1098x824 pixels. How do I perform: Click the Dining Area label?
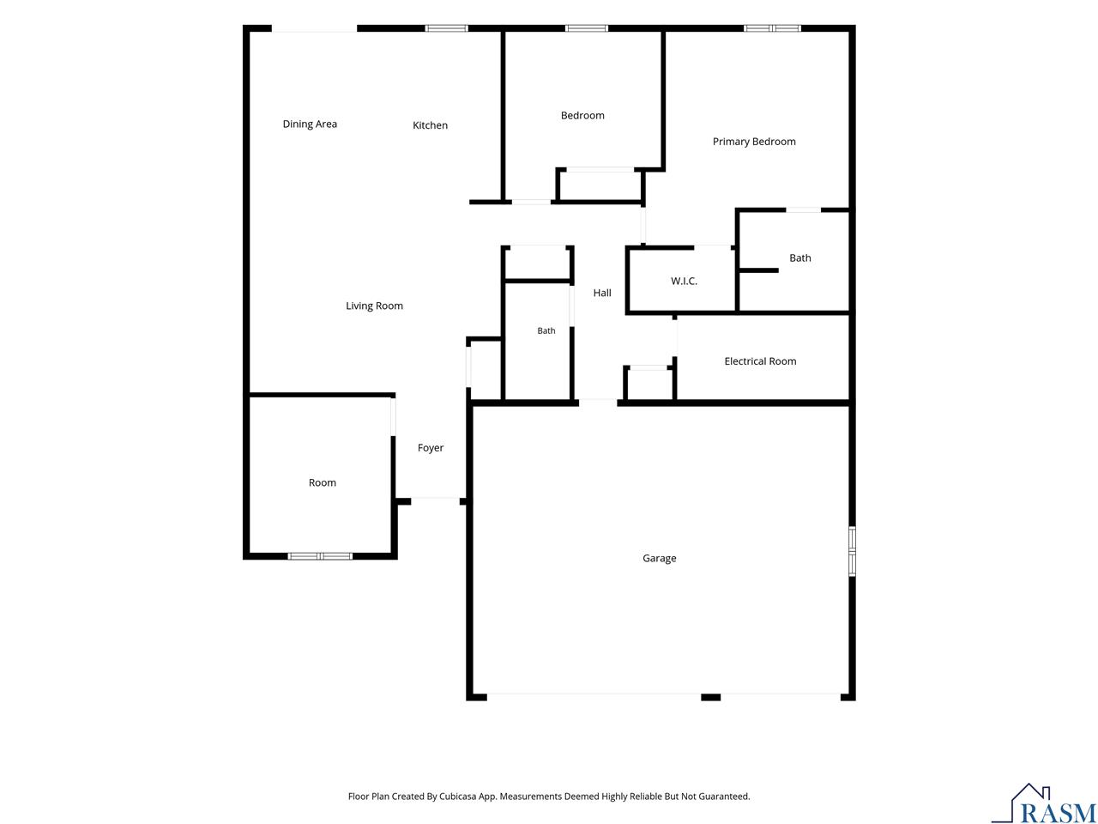[x=310, y=124]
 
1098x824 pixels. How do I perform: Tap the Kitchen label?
[x=430, y=125]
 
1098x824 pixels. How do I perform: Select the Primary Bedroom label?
[x=754, y=142]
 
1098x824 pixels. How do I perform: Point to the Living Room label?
[x=374, y=306]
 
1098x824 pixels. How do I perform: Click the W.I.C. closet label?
[x=684, y=282]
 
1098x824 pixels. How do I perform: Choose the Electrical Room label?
[x=760, y=361]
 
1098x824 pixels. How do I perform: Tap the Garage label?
[x=660, y=558]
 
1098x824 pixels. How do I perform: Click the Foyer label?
[x=431, y=448]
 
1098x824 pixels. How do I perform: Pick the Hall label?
[x=602, y=294]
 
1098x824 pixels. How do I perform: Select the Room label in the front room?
[x=323, y=482]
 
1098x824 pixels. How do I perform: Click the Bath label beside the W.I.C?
[x=799, y=258]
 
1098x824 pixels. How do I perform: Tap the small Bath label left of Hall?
[x=546, y=330]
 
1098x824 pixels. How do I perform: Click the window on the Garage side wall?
[x=852, y=551]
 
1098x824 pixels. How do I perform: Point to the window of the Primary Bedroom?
[x=772, y=28]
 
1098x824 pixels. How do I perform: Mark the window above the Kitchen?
[x=446, y=28]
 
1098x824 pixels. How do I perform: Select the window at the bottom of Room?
[x=320, y=556]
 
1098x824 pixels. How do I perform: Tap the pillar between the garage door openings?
[x=710, y=698]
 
